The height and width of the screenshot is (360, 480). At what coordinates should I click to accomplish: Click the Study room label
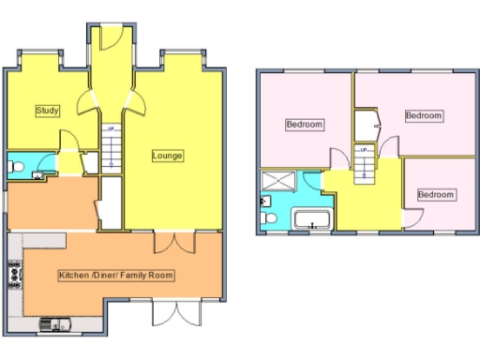(x=48, y=111)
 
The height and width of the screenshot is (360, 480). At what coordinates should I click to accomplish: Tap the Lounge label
(x=168, y=155)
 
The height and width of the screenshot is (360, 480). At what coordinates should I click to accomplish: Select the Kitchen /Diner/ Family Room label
(x=117, y=275)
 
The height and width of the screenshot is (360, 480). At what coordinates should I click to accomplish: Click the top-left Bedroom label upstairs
(x=305, y=125)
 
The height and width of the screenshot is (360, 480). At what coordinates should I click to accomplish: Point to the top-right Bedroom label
(x=423, y=115)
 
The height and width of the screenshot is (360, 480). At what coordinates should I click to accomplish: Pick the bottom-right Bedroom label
(x=436, y=195)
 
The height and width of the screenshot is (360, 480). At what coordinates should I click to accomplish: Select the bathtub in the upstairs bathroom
(x=310, y=221)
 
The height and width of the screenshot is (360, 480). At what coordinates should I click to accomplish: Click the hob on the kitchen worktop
(x=15, y=274)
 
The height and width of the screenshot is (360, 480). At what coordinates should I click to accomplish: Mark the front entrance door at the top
(x=106, y=37)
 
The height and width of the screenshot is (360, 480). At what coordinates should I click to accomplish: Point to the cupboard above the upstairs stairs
(x=365, y=123)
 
